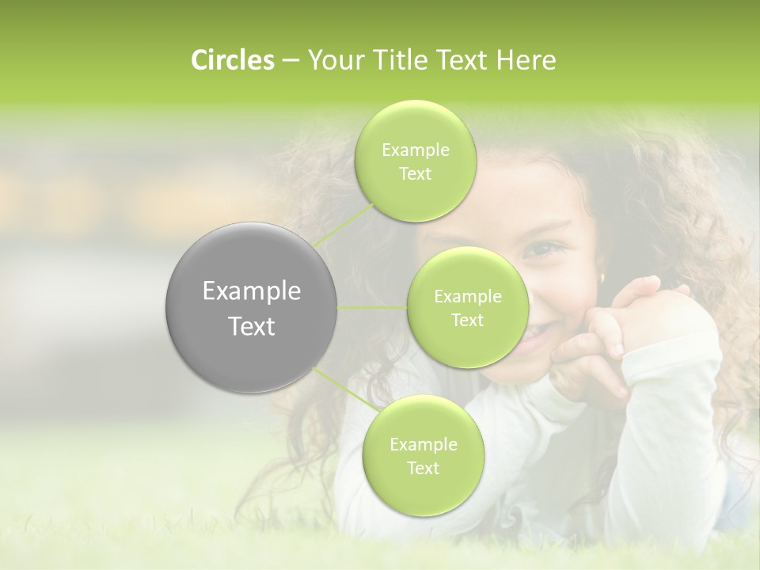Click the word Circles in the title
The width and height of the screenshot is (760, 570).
point(233,60)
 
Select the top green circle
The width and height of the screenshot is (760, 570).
point(416,161)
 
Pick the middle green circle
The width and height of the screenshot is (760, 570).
point(467,307)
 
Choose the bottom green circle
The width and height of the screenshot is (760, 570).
point(423,455)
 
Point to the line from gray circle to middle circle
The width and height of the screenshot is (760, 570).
point(371,307)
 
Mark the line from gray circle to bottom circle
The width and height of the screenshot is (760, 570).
point(345,391)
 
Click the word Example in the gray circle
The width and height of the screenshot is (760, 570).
point(252,291)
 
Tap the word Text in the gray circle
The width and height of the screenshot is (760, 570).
point(252,326)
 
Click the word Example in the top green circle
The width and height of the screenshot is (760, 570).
point(416,150)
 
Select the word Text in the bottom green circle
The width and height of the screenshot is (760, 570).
point(423,468)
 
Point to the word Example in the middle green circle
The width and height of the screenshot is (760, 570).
point(467,297)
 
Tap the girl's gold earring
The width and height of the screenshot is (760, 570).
point(601,278)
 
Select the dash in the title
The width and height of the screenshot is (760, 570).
point(290,61)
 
